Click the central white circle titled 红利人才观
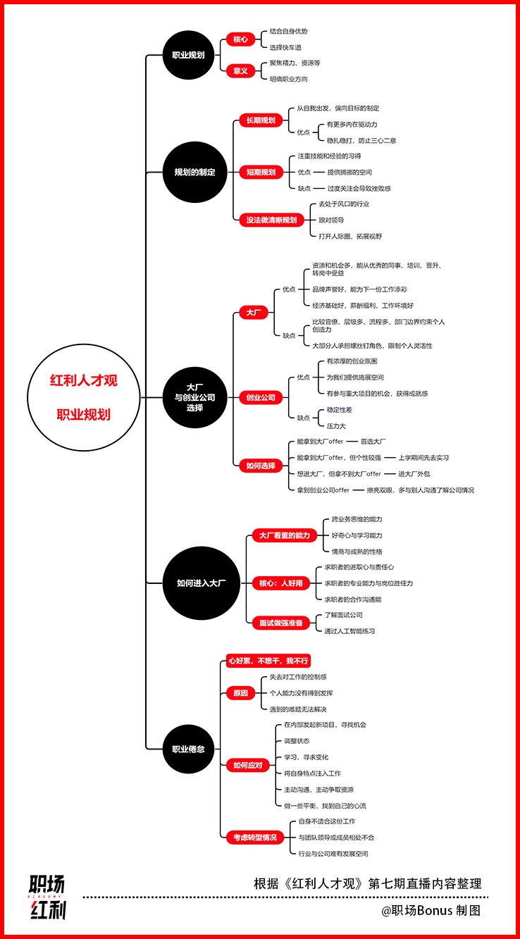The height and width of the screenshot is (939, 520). pos(84,397)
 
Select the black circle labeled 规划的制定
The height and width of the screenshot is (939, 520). pos(195,172)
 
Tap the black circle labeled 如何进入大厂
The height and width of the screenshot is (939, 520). pos(202,583)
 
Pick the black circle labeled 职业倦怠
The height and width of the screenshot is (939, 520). pos(189,749)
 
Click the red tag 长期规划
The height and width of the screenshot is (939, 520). pos(261,120)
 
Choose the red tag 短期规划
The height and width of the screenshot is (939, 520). pos(261,172)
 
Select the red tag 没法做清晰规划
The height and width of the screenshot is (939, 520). pos(271,220)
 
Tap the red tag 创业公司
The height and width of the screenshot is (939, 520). pos(261,397)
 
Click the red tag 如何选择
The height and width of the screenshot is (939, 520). pos(261,466)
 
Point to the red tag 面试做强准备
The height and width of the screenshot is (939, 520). pos(281,623)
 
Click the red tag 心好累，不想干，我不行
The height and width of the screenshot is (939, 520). pos(268,661)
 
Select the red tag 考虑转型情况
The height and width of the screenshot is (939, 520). pos(255,837)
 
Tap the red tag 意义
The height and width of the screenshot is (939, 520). pos(241,71)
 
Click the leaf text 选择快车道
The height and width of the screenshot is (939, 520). pos(285,47)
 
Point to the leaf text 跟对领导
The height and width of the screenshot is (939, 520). pos(331,220)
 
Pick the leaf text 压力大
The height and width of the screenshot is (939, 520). pos(336,426)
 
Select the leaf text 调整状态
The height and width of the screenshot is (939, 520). pos(297,741)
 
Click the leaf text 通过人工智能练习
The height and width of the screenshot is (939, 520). pos(349,631)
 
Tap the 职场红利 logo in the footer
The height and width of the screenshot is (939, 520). pos(47,897)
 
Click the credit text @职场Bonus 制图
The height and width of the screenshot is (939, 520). pos(431,910)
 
